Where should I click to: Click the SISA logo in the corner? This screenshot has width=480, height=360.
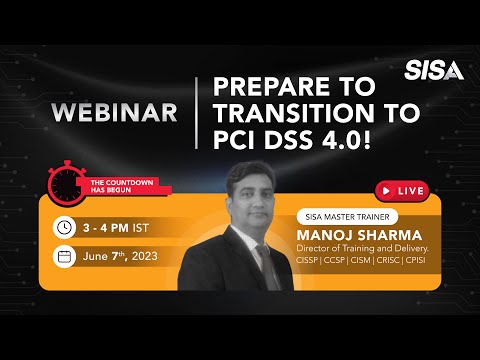434,70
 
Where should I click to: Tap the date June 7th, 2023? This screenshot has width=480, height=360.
126,256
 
